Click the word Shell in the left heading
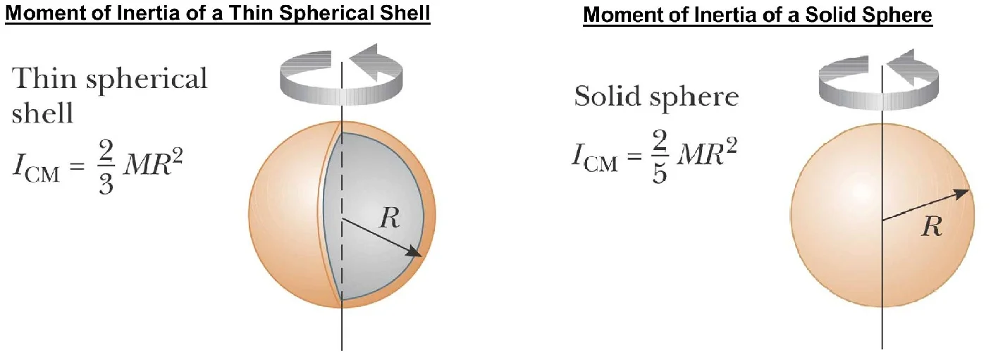click(408, 13)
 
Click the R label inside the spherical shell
click(389, 218)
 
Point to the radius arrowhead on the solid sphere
click(963, 192)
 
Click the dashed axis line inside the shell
click(342, 211)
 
